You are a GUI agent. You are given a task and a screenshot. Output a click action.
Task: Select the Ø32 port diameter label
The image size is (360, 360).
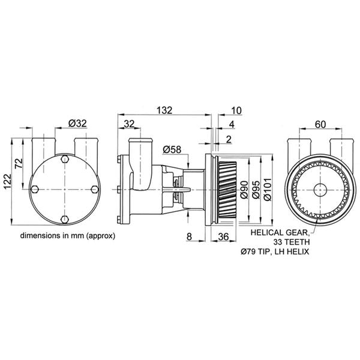click(78, 123)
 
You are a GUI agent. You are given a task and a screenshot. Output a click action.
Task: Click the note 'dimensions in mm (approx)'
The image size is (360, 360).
click(67, 236)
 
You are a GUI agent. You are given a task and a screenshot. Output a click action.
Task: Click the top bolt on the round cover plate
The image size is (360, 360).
click(64, 159)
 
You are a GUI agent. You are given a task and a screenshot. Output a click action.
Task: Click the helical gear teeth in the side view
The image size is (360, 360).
click(224, 189)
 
